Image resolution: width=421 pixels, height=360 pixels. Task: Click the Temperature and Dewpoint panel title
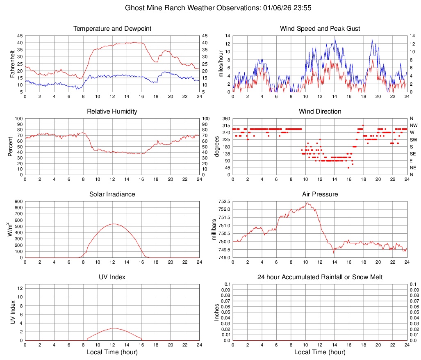[x=112, y=29]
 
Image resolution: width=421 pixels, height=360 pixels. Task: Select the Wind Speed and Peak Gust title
[x=320, y=29]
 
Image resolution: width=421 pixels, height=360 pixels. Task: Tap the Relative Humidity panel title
[x=112, y=112]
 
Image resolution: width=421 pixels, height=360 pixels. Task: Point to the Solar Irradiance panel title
[x=112, y=194]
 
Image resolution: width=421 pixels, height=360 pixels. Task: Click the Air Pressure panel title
[x=320, y=194]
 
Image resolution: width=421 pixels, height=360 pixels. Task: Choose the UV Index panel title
[x=112, y=277]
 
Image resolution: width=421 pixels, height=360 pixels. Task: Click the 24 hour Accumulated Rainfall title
[x=320, y=277]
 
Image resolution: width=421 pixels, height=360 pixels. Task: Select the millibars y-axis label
[x=214, y=230]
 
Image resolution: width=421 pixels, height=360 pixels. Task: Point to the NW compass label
[x=414, y=125]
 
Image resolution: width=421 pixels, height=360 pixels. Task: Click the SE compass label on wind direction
[x=413, y=154]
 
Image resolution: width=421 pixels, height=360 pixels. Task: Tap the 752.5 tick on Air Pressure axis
[x=224, y=201]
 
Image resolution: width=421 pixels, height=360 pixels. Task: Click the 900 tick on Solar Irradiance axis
[x=18, y=201]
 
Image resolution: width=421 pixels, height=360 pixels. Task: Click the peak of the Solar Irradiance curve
[x=113, y=223]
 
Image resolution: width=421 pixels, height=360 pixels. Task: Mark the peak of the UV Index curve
[x=113, y=328]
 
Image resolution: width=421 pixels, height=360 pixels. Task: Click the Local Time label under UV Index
[x=112, y=353]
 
